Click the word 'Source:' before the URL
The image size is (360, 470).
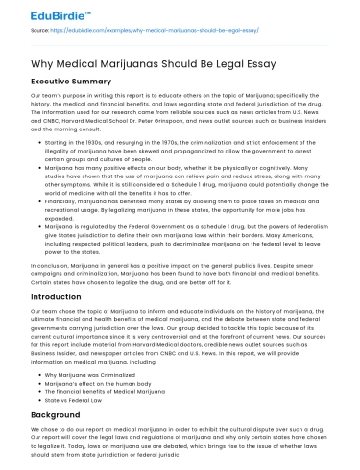click(40, 31)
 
